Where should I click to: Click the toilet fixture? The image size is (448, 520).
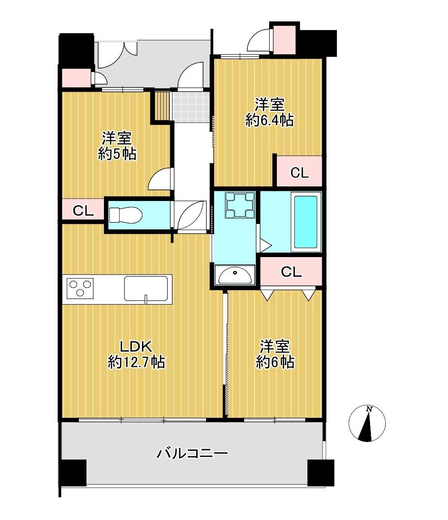pyautogui.click(x=125, y=215)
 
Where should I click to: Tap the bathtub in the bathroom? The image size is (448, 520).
pyautogui.click(x=306, y=222)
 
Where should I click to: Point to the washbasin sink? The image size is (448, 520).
pyautogui.click(x=235, y=275)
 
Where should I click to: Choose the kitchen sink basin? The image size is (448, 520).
pyautogui.click(x=146, y=288)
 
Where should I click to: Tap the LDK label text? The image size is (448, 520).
pyautogui.click(x=136, y=347)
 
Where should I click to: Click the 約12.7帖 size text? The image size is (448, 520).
pyautogui.click(x=136, y=362)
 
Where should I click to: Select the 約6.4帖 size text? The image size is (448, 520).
pyautogui.click(x=270, y=120)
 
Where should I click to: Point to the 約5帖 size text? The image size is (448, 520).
pyautogui.click(x=117, y=154)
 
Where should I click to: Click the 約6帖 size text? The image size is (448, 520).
pyautogui.click(x=275, y=362)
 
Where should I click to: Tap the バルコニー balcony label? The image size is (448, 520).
pyautogui.click(x=192, y=453)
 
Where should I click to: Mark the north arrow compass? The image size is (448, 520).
pyautogui.click(x=367, y=424)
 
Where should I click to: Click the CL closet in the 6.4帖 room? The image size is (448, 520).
pyautogui.click(x=299, y=172)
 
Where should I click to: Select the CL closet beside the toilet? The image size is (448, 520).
pyautogui.click(x=83, y=210)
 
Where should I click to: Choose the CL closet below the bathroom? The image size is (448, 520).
pyautogui.click(x=291, y=271)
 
